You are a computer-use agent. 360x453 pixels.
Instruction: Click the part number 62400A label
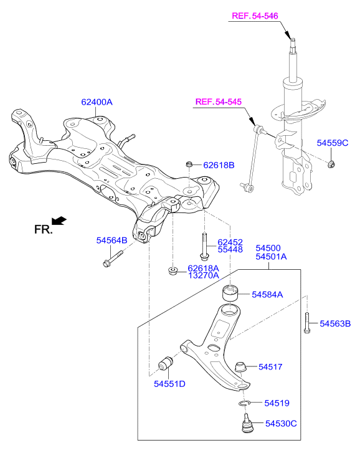97,102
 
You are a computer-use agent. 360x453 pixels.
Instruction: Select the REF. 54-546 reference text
255,16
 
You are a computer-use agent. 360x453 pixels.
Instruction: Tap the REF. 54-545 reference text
219,102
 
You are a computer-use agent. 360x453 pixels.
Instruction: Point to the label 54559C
333,143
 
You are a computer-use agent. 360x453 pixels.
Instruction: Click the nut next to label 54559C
331,165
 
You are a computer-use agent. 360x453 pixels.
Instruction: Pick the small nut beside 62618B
189,165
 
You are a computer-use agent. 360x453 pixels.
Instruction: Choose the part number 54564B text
111,241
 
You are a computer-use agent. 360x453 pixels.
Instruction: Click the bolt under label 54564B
113,259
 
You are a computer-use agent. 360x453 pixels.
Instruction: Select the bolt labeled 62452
204,246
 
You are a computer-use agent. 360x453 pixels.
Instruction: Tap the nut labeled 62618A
173,271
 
